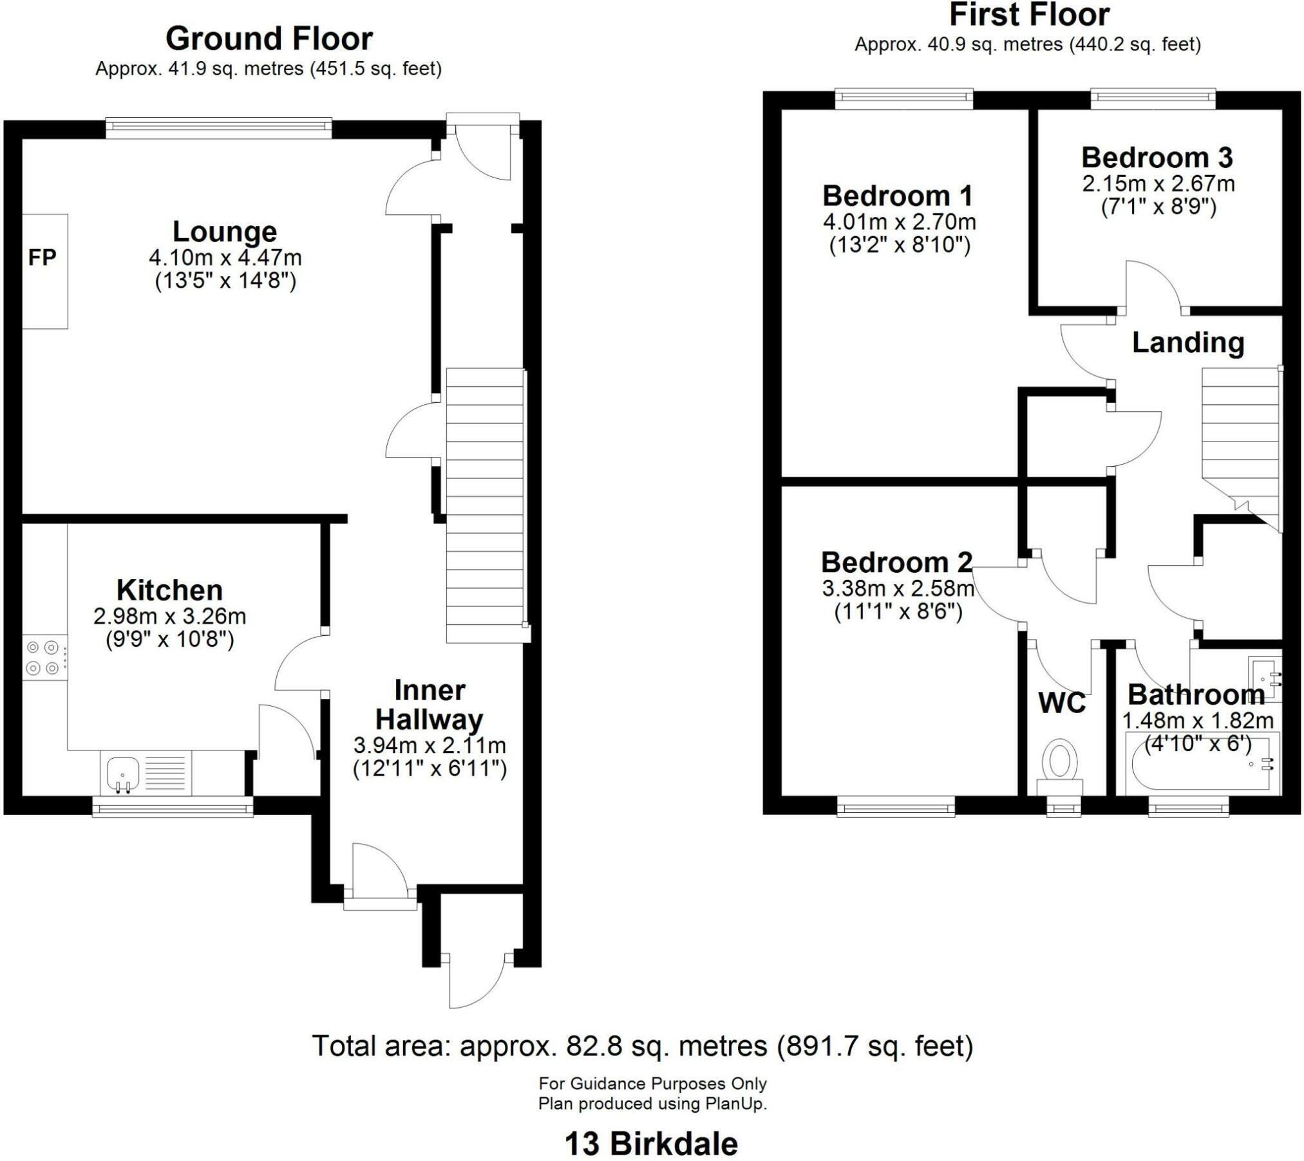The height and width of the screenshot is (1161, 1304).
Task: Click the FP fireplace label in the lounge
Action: click(43, 258)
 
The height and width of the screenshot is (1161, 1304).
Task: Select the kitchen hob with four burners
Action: click(44, 658)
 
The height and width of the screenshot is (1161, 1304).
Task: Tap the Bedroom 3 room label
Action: click(1157, 158)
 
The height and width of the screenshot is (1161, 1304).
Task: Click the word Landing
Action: click(1188, 343)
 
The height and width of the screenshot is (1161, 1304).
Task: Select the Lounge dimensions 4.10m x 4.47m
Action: click(225, 258)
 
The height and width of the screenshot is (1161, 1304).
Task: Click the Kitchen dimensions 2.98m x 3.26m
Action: click(169, 617)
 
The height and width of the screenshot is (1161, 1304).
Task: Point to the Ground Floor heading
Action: click(269, 39)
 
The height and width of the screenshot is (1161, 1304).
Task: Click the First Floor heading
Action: click(1028, 15)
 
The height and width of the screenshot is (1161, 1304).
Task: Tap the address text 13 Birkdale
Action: click(651, 1144)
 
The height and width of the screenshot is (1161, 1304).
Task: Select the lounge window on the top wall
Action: click(218, 127)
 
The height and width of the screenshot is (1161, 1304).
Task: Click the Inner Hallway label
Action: click(430, 705)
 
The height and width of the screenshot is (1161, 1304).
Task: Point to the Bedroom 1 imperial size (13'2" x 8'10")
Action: click(900, 246)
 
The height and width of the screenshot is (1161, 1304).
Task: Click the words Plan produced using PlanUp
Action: click(652, 1104)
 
